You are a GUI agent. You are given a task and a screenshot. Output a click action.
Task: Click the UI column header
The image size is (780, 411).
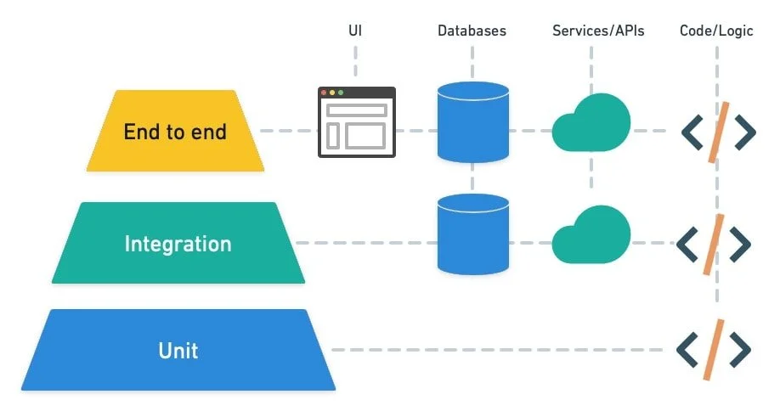tap(355, 31)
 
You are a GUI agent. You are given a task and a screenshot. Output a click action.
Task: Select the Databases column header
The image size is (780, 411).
tap(472, 31)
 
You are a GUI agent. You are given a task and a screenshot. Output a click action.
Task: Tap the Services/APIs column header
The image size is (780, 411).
tap(598, 31)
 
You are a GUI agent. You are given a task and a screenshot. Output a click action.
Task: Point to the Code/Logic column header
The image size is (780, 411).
tap(716, 31)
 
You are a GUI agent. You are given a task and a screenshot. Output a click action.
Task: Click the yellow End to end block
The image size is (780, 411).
tap(175, 131)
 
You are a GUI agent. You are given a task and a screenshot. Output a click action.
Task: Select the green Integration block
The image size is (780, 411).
tap(178, 243)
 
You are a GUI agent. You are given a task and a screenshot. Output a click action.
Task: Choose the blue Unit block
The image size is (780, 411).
tap(178, 350)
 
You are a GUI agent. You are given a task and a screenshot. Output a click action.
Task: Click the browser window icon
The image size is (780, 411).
tap(357, 122)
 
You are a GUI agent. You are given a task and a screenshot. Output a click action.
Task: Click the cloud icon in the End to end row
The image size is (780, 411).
tap(591, 124)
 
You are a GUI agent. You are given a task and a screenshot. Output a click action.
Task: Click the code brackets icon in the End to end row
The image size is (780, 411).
tap(718, 132)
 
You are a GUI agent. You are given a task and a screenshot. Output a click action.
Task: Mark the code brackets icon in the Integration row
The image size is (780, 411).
tap(715, 244)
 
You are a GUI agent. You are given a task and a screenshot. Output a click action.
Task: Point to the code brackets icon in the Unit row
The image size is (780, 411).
tap(715, 349)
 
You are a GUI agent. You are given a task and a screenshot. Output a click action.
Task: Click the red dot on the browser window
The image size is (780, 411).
tap(324, 93)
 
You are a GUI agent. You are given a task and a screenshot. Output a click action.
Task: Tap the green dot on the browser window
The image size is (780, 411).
tap(341, 93)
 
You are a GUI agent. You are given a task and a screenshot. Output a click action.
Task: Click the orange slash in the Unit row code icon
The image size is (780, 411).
tap(715, 349)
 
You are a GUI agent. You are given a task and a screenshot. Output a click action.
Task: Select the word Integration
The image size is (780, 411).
tap(178, 244)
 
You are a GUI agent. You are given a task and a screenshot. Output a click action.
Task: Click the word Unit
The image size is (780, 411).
tap(178, 350)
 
